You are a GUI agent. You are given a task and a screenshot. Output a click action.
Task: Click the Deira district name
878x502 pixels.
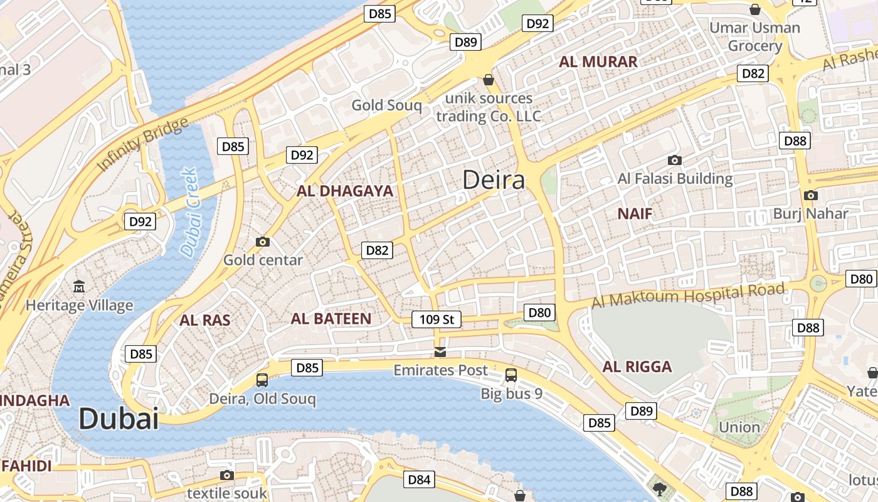click(494, 180)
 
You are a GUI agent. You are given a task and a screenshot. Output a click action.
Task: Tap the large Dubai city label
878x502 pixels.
click(119, 419)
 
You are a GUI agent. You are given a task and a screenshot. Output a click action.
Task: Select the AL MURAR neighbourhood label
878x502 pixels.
click(598, 61)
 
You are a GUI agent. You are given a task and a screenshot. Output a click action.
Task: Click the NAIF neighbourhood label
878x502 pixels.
click(635, 214)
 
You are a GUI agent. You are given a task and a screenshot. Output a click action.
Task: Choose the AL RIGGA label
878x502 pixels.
click(637, 367)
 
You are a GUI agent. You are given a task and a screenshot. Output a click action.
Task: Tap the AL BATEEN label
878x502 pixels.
click(331, 319)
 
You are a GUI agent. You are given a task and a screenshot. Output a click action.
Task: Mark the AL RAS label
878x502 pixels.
click(204, 321)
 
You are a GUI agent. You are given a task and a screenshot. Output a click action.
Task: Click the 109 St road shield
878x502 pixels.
click(436, 319)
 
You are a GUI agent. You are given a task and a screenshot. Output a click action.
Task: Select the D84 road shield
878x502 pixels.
click(419, 480)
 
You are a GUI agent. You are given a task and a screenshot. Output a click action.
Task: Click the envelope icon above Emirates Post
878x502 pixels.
click(440, 351)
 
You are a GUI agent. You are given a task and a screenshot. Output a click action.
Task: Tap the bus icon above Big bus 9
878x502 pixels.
click(511, 375)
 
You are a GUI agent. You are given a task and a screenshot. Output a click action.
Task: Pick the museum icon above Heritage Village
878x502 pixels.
click(80, 287)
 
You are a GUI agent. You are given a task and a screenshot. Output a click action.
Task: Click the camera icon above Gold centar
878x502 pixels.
click(263, 242)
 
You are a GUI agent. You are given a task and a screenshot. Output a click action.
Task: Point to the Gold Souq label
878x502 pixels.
click(386, 105)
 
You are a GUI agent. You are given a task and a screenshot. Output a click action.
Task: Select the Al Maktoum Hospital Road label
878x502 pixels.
click(687, 295)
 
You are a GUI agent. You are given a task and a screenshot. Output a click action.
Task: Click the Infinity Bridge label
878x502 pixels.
click(142, 144)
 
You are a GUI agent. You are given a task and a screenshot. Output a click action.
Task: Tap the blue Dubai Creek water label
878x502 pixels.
click(189, 212)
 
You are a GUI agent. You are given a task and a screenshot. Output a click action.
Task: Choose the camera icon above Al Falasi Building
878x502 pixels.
click(675, 160)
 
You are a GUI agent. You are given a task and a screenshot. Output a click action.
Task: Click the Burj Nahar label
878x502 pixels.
click(810, 213)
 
